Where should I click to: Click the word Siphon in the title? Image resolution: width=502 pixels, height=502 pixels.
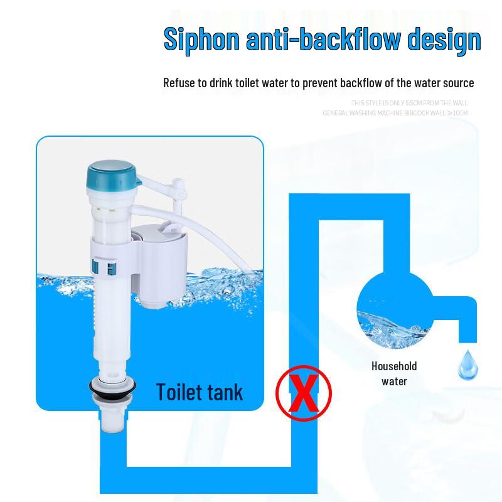coord(201,39)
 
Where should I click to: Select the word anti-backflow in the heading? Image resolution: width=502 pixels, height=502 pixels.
coord(323,39)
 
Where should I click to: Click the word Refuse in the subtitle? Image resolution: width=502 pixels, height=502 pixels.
coord(178,83)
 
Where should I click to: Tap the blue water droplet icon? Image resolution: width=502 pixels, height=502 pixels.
coord(466,364)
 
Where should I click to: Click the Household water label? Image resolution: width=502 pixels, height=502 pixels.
coord(394,373)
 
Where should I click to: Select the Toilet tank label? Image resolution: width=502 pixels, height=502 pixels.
coord(199,392)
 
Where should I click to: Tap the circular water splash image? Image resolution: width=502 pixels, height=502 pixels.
coord(393,307)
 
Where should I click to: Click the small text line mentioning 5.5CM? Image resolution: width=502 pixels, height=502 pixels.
coord(409,103)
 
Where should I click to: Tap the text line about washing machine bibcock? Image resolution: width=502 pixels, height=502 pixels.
coord(395,113)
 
